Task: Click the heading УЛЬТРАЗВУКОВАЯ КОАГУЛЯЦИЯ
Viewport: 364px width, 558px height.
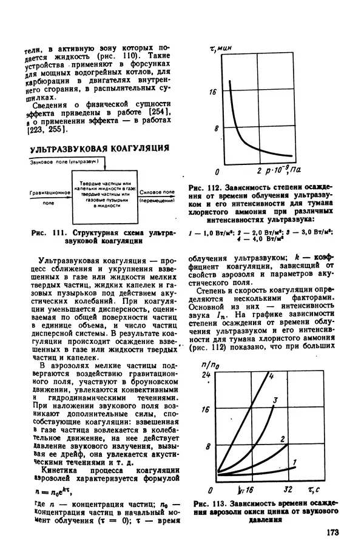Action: point(99,149)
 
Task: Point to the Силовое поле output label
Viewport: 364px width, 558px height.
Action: point(157,192)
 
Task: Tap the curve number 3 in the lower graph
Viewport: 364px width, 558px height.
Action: point(275,400)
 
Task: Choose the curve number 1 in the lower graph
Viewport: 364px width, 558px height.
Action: point(294,463)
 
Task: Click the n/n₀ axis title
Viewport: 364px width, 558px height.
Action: point(209,366)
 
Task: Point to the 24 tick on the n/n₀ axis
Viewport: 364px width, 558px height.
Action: point(206,376)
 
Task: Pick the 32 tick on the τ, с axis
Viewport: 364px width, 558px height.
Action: point(289,489)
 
